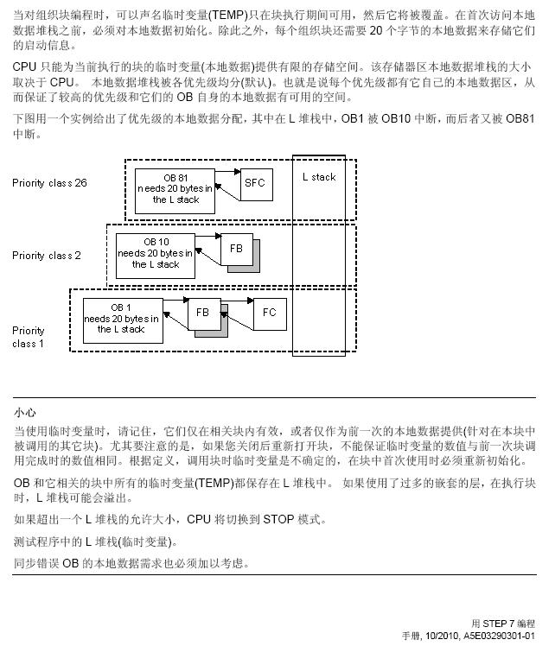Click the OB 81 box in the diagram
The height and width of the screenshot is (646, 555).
click(x=175, y=188)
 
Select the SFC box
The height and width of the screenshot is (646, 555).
click(x=255, y=183)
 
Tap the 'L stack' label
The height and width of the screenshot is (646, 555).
click(x=318, y=177)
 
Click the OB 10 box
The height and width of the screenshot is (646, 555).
click(x=156, y=254)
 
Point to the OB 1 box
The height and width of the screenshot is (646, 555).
click(x=122, y=319)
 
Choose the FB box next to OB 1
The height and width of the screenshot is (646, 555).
click(x=203, y=313)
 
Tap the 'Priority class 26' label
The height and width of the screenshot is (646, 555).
click(x=49, y=183)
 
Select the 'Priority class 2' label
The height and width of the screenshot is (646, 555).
click(x=47, y=256)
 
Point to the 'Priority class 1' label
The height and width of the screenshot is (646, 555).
click(x=29, y=337)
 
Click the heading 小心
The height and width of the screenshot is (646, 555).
click(x=25, y=413)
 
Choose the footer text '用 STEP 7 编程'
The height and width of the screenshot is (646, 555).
click(x=503, y=623)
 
